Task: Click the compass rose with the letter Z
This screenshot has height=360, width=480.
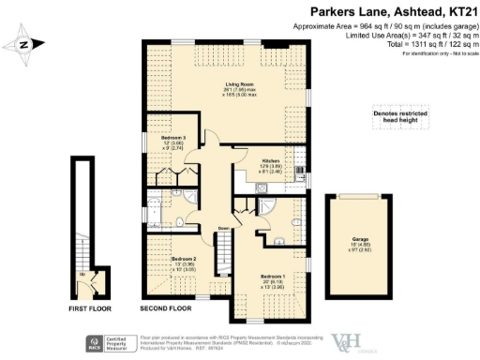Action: click(25, 42)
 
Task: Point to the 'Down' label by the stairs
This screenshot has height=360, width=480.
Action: click(223, 228)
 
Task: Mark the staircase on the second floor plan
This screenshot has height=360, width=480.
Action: click(224, 253)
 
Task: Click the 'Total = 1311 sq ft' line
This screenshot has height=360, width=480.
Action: click(428, 44)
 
